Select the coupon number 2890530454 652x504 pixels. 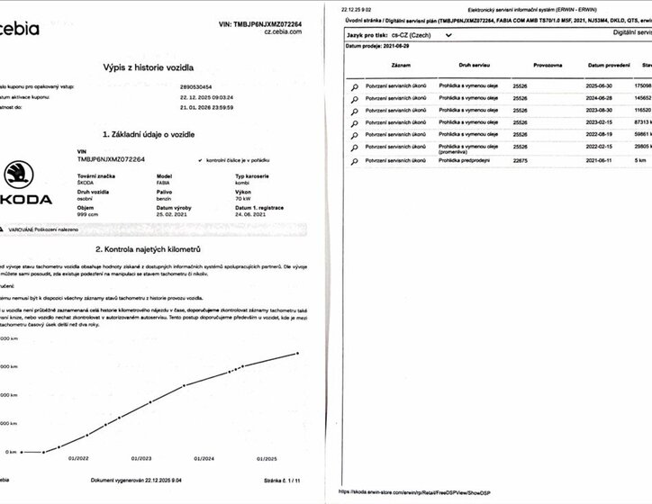(x=200, y=86)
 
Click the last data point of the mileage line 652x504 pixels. (x=298, y=353)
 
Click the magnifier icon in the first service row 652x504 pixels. (x=355, y=86)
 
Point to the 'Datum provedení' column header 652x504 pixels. (x=609, y=66)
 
